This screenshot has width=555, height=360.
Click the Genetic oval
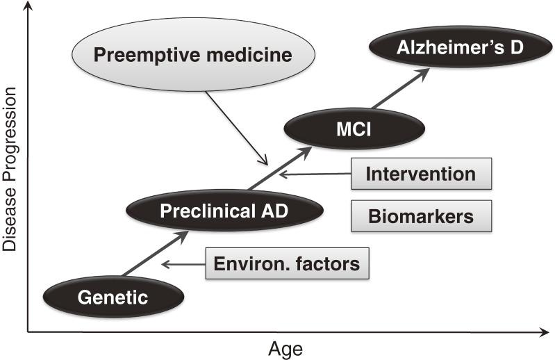(x=113, y=298)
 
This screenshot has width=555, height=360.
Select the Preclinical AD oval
(x=224, y=210)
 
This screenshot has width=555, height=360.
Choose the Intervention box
(x=421, y=174)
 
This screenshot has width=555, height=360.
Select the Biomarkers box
(x=421, y=216)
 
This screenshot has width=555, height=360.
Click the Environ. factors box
(x=286, y=263)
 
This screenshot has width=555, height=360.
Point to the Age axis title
(x=285, y=347)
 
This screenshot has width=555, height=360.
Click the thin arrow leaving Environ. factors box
(x=183, y=264)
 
